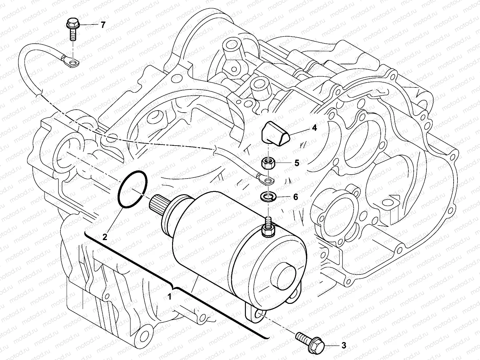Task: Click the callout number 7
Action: tap(103, 25)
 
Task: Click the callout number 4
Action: tap(314, 128)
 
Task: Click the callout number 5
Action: tap(296, 163)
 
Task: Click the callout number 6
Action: tap(296, 196)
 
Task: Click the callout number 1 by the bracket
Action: tap(169, 297)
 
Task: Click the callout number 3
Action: tap(344, 345)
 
